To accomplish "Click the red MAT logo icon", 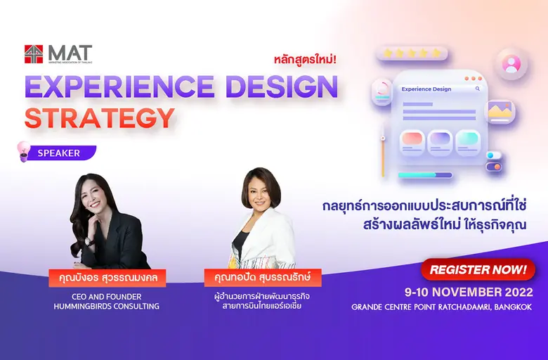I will pos(34,54).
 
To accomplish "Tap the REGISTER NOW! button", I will pos(478,269).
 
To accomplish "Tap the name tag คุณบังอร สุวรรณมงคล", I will pos(107,278).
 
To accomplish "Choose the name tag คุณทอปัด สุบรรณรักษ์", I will pos(262,278).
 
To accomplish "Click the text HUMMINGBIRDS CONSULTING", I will pos(107,306).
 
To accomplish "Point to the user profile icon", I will pos(511,64).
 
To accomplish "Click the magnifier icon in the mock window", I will pos(478,89).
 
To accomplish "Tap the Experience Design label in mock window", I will pos(426,89).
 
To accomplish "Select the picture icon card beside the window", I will pos(500,110).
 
